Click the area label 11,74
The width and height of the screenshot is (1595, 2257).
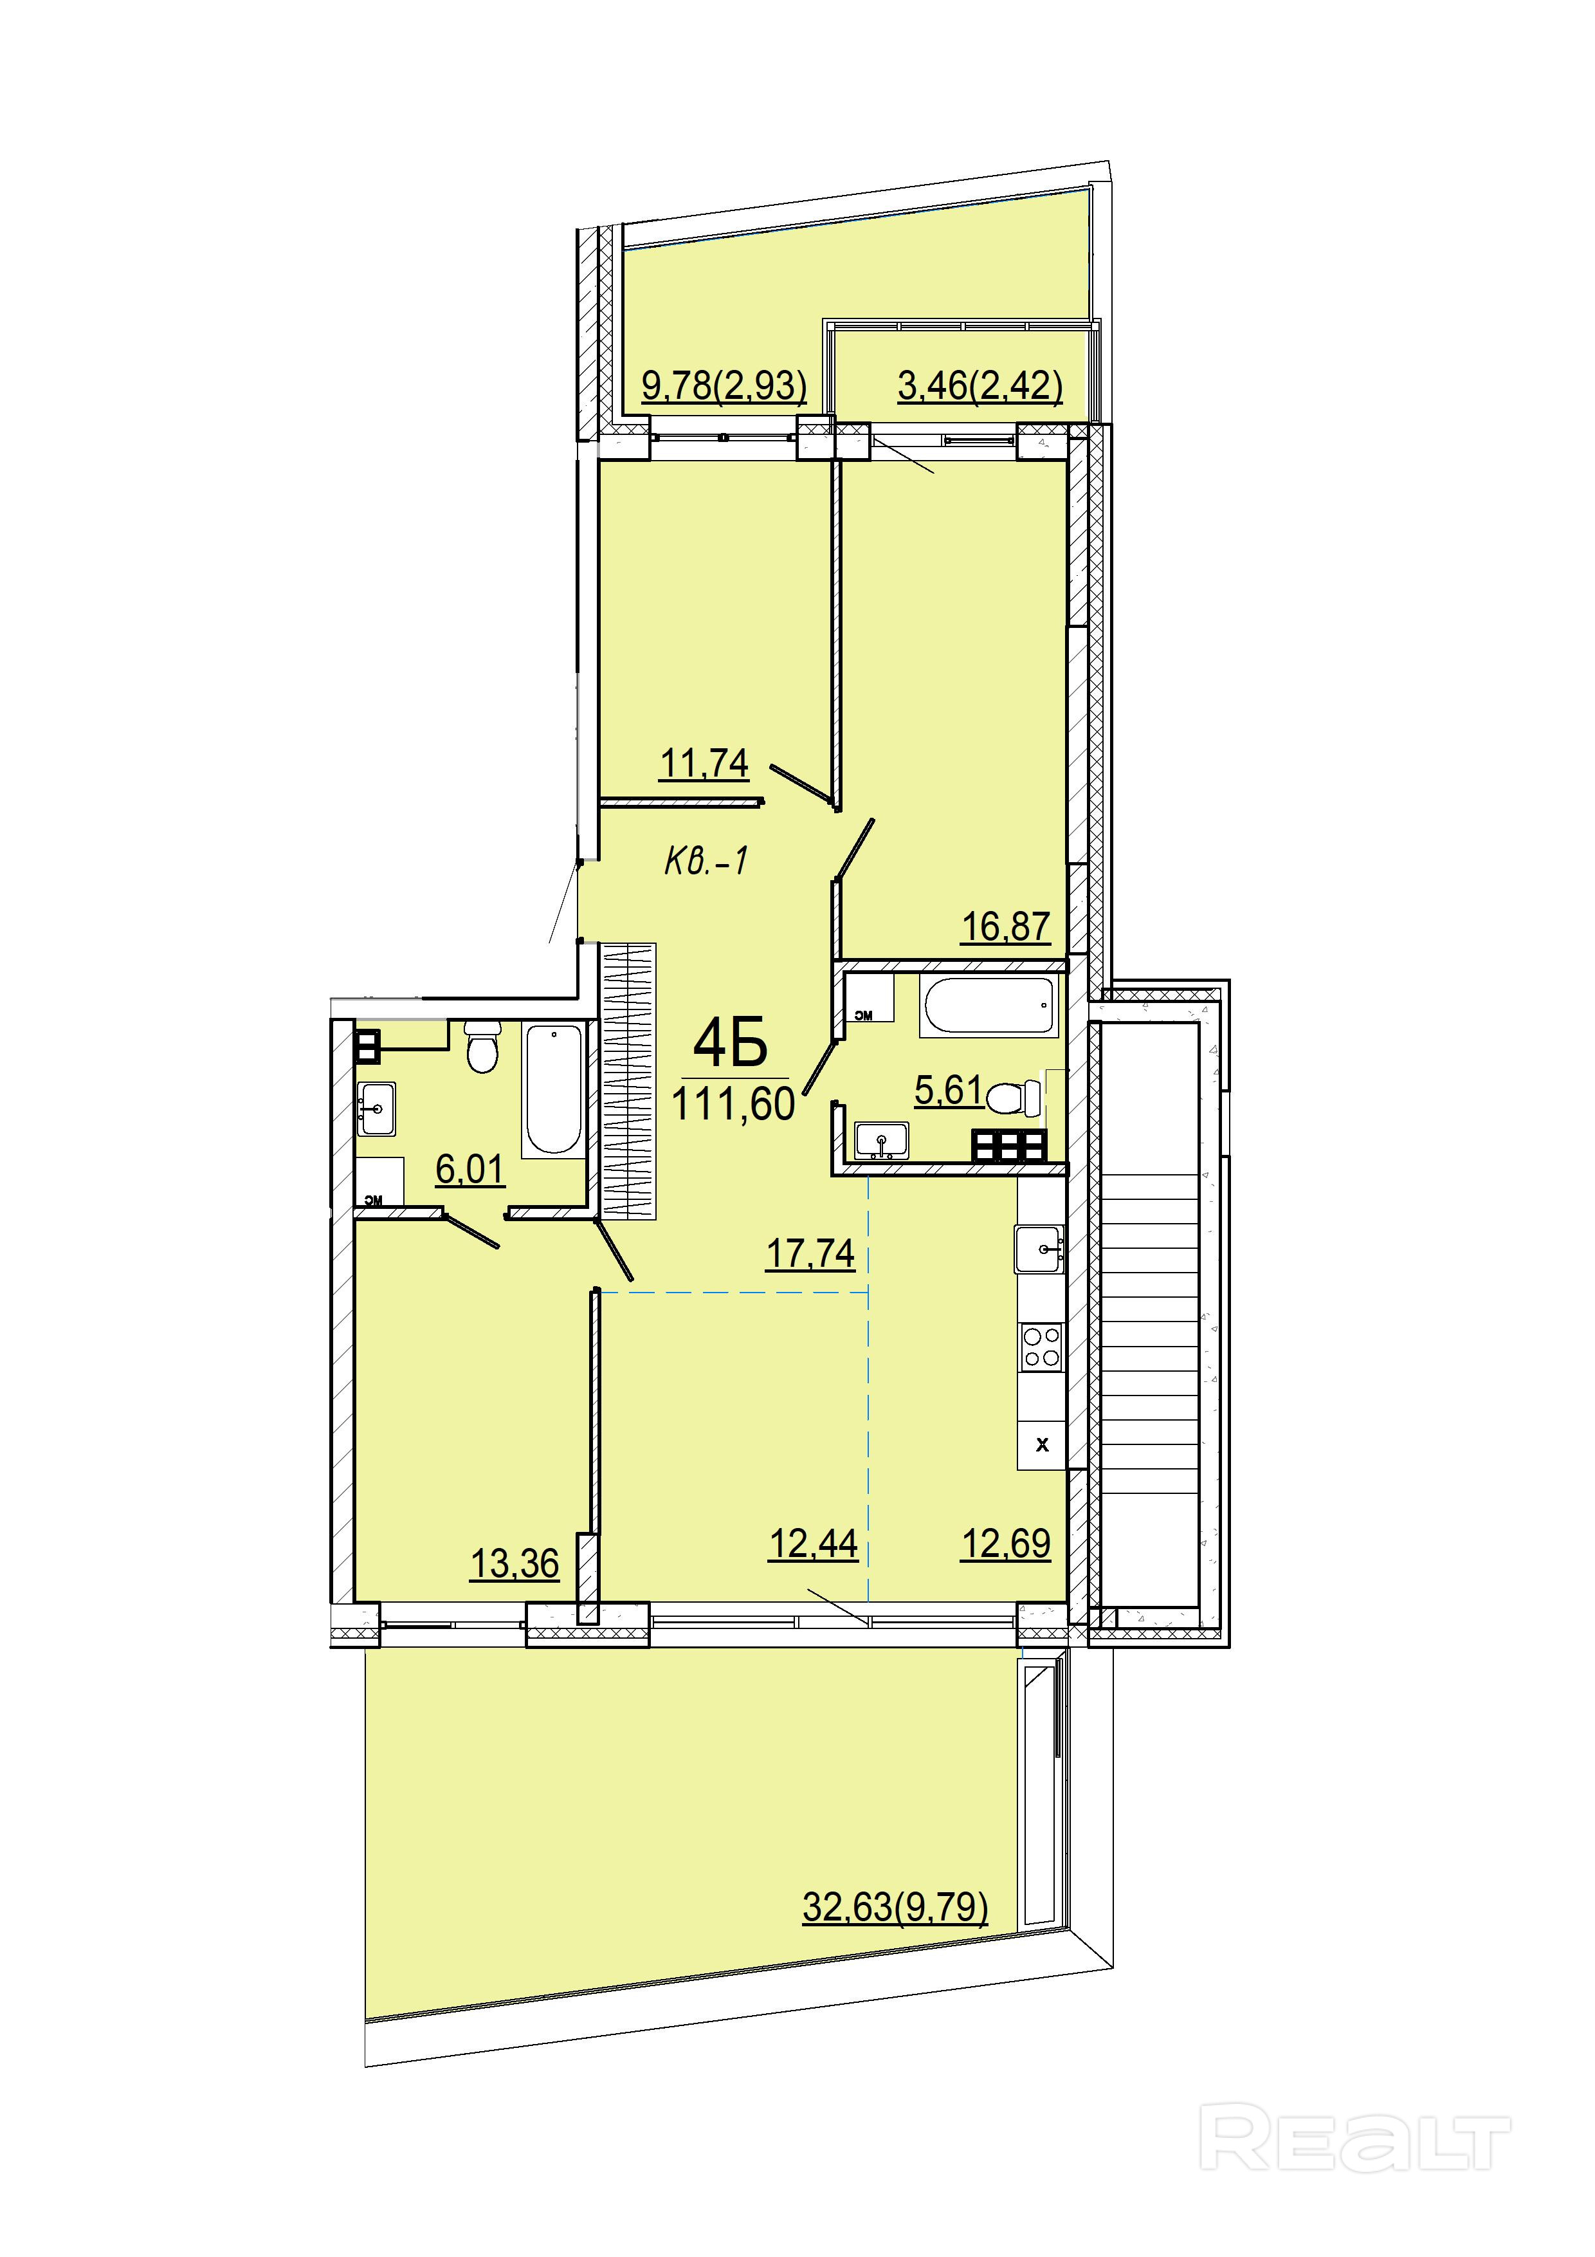click(704, 763)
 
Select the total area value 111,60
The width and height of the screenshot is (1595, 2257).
click(733, 1104)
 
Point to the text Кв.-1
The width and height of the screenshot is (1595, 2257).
click(707, 861)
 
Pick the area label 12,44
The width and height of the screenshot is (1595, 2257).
click(813, 1544)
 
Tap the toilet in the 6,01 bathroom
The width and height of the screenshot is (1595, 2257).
click(482, 1047)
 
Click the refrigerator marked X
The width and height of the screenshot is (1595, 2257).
click(1042, 1444)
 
